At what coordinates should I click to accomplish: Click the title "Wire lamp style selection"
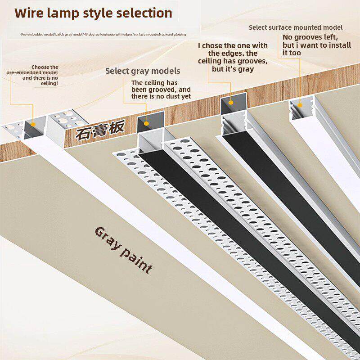pyautogui.click(x=94, y=13)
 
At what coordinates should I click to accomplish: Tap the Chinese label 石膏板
pyautogui.click(x=99, y=130)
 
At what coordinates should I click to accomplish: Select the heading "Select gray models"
pyautogui.click(x=143, y=71)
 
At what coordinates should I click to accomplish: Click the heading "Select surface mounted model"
pyautogui.click(x=296, y=27)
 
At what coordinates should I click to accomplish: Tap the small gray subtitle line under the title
pyautogui.click(x=103, y=34)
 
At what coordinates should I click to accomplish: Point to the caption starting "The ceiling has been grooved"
pyautogui.click(x=161, y=89)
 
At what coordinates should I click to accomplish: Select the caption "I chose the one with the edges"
pyautogui.click(x=233, y=57)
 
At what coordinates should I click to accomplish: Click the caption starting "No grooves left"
pyautogui.click(x=310, y=45)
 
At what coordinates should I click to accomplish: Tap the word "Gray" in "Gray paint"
pyautogui.click(x=107, y=237)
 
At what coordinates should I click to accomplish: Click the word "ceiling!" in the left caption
pyautogui.click(x=49, y=83)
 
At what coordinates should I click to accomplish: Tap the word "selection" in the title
pyautogui.click(x=144, y=13)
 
